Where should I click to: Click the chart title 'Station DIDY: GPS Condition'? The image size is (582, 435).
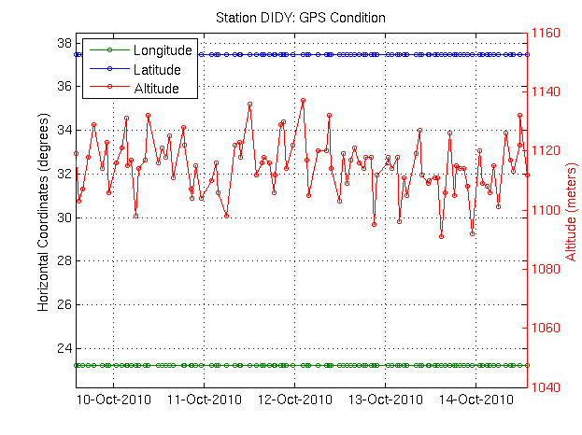pos(301,18)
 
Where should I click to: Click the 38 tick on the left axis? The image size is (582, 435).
pos(65,43)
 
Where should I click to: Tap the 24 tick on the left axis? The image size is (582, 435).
pos(65,348)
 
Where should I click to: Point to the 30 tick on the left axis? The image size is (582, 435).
pos(65,217)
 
